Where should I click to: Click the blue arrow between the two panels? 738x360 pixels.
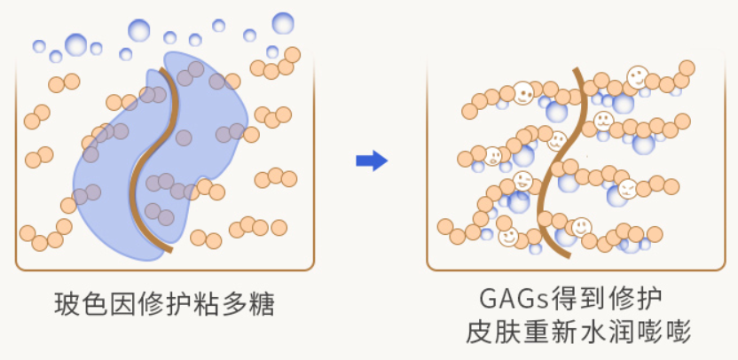372,160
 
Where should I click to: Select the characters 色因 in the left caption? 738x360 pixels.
108,308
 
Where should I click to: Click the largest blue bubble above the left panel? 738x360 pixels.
283,22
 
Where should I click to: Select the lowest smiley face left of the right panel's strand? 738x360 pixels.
508,236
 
